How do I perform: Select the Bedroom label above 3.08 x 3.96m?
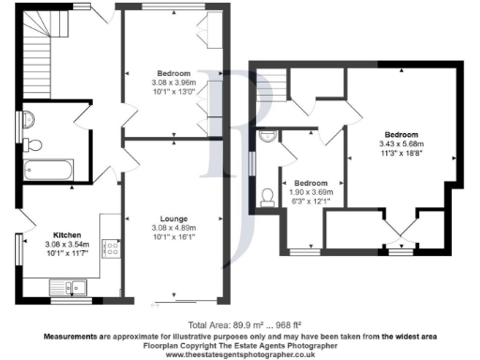point(174,74)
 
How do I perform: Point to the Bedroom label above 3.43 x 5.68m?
point(398,135)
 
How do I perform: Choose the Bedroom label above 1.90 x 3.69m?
point(309,183)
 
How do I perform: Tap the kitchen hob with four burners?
point(110,248)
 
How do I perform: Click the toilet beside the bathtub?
point(33,143)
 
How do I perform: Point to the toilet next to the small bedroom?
point(267,195)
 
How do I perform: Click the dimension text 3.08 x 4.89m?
point(175,228)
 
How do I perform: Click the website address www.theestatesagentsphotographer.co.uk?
point(239,354)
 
